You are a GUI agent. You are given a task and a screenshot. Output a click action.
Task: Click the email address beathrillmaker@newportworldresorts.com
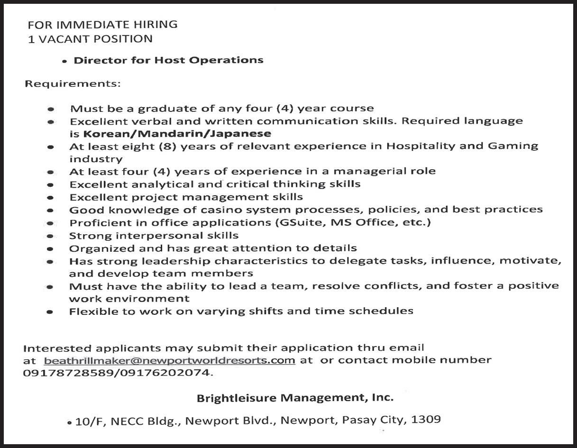tap(169, 360)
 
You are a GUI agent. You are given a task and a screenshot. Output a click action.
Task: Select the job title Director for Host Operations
tap(168, 60)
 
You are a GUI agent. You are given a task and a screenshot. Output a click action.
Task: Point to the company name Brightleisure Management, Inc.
tap(295, 397)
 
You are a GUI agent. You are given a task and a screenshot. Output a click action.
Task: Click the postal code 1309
tap(426, 420)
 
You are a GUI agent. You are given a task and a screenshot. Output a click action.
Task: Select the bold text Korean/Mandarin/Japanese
tap(177, 134)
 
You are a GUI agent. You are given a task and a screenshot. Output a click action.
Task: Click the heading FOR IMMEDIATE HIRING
tap(102, 24)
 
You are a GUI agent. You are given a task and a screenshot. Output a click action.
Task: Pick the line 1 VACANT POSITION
tap(90, 39)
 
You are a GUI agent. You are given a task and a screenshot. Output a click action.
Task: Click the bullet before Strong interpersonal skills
tap(50, 236)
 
